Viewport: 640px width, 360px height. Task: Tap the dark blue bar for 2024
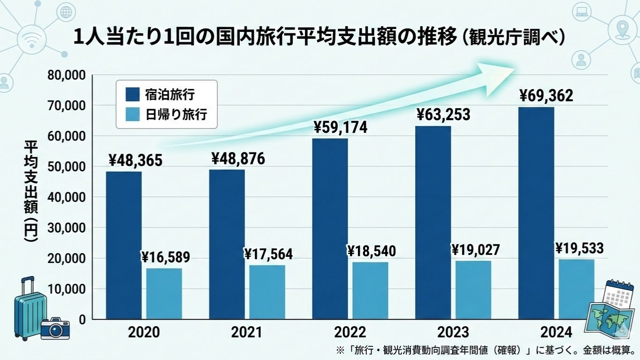(536, 213)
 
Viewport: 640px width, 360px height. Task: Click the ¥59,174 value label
(341, 127)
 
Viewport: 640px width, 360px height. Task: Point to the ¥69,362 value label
(546, 97)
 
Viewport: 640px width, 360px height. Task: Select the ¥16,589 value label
(165, 257)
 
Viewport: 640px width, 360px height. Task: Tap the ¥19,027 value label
(476, 250)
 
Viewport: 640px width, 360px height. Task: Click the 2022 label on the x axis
(350, 333)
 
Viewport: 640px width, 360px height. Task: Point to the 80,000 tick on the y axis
(66, 75)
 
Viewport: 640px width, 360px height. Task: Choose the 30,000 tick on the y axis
(66, 228)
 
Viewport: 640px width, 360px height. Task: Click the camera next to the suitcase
(55, 329)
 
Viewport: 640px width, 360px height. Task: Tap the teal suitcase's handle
(28, 284)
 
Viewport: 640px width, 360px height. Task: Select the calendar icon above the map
(619, 294)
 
